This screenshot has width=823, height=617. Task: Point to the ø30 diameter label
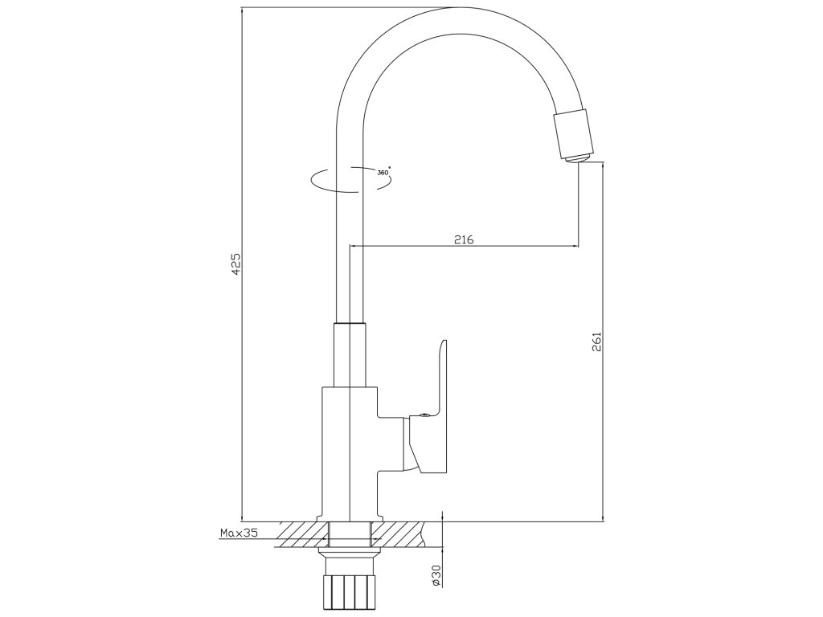[x=436, y=575]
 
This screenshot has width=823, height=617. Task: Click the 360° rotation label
[x=383, y=173]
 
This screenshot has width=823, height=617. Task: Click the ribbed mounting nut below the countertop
[x=349, y=591]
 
